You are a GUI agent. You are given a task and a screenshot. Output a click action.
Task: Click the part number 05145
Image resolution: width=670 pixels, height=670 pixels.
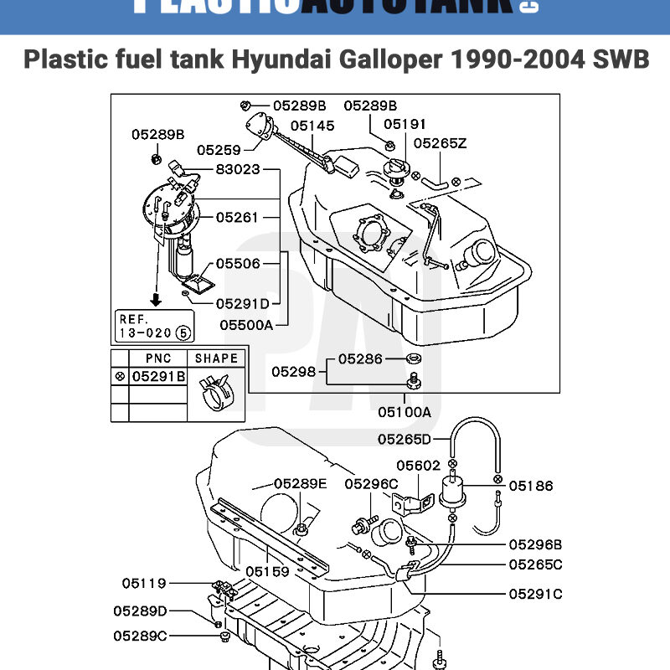tap(312, 126)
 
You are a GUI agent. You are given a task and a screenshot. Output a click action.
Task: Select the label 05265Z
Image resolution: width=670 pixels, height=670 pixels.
tap(440, 143)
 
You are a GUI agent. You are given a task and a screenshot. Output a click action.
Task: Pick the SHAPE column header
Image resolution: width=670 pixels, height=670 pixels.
tap(216, 358)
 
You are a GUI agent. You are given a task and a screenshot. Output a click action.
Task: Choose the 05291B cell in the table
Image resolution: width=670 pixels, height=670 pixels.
tap(157, 377)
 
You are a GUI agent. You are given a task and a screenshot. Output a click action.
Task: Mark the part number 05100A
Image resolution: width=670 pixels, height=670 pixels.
tap(404, 412)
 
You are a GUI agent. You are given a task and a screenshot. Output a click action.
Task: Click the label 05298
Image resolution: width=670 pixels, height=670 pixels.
tap(294, 371)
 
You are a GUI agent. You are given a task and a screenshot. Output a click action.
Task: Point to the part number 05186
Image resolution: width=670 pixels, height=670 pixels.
tap(530, 485)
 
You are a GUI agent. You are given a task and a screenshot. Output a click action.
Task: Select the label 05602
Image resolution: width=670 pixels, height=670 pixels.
tap(418, 466)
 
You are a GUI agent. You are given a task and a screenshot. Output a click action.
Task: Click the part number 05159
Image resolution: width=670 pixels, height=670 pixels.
tap(267, 571)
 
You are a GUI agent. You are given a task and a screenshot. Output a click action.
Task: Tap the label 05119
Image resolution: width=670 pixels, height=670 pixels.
tap(144, 583)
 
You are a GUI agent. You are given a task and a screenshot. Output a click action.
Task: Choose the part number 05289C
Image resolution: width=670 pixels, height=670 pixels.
tap(140, 636)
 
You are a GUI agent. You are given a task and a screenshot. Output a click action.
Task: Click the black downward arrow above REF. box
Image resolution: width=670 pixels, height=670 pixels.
tap(155, 297)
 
